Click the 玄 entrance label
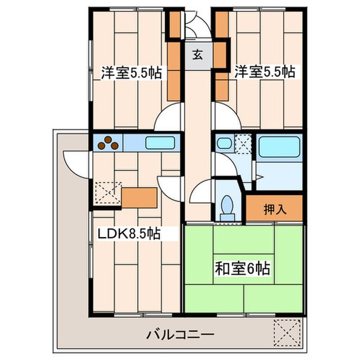click(197, 53)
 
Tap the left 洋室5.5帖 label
click(131, 73)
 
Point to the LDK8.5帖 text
click(129, 235)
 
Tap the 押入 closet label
click(275, 210)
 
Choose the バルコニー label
click(180, 335)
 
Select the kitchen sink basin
click(161, 142)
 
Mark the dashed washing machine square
click(243, 142)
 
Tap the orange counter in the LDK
click(139, 196)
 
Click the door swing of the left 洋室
click(170, 118)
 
